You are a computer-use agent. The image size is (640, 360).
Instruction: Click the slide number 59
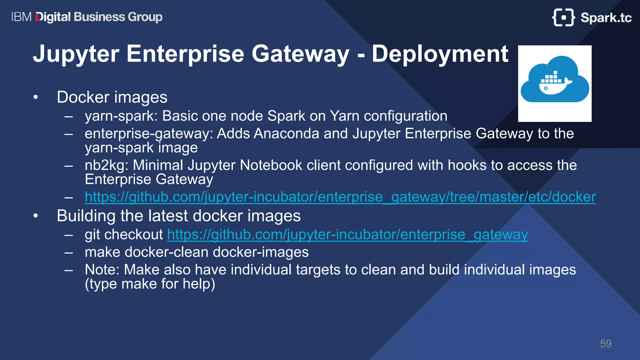[x=605, y=344]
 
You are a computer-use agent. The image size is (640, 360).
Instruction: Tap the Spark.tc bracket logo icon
[x=563, y=17]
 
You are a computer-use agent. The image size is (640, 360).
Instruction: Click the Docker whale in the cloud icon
[x=555, y=82]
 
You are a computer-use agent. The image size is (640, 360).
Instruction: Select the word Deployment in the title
[x=440, y=54]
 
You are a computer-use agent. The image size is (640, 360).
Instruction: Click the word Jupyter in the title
[x=76, y=54]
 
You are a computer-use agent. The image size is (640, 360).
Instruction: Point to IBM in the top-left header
[x=21, y=17]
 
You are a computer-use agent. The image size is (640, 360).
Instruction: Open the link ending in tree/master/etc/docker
[x=340, y=197]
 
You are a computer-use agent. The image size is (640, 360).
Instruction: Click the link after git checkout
[x=347, y=235]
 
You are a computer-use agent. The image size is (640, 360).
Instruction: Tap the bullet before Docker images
[x=36, y=97]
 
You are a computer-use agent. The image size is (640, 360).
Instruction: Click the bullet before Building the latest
[x=36, y=216]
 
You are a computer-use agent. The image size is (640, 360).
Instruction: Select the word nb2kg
[x=106, y=165]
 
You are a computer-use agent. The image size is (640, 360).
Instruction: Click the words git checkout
[x=124, y=235]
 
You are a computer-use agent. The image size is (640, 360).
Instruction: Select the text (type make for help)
[x=150, y=284]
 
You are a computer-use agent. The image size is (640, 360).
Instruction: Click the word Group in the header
[x=145, y=17]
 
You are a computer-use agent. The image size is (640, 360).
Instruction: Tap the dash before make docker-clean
[x=69, y=252]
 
